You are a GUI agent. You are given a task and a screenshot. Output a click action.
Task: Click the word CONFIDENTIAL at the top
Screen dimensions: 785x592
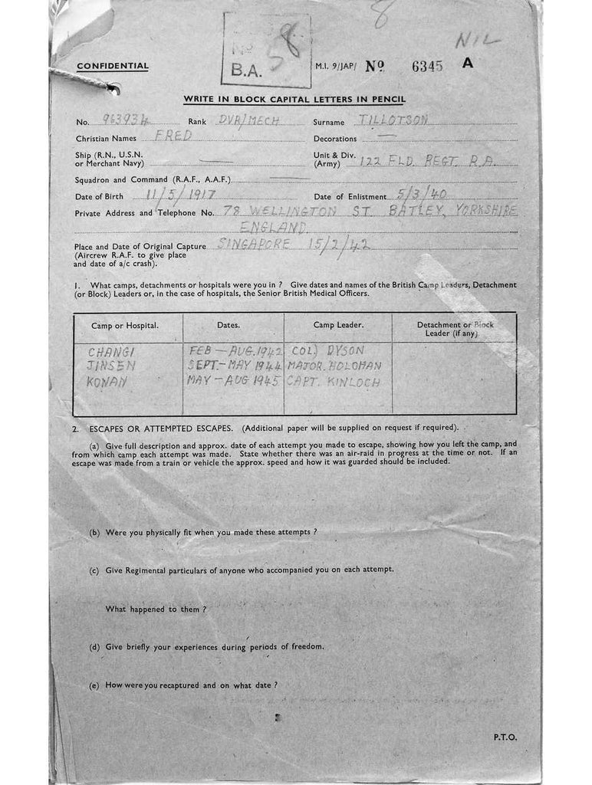113,66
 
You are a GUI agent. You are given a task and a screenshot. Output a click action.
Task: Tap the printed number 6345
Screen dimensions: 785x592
427,66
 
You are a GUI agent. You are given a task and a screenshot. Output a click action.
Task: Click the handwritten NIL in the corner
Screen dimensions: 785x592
477,40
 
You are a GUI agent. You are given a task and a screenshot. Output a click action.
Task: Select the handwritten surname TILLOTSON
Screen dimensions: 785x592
392,120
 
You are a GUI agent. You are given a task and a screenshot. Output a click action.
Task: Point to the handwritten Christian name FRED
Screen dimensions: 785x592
173,136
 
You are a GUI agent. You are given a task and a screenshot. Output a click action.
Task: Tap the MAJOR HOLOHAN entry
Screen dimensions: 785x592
333,366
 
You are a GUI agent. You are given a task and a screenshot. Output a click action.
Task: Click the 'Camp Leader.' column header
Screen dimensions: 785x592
338,325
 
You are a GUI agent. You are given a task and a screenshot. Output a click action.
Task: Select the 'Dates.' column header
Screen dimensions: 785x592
228,325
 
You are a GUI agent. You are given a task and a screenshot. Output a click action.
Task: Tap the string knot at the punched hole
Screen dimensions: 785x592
111,90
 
